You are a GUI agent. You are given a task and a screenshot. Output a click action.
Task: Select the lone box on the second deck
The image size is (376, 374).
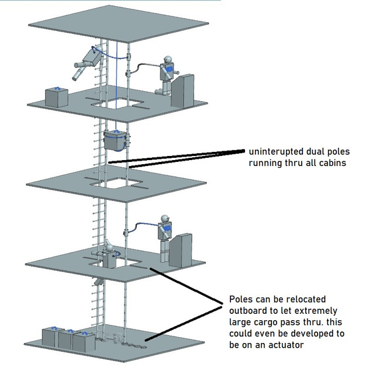coord(57,96)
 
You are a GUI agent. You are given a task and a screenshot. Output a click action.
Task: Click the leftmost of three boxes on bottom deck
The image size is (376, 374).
coord(50,338)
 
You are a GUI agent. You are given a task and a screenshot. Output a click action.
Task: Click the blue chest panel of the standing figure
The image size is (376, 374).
coord(166,233)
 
